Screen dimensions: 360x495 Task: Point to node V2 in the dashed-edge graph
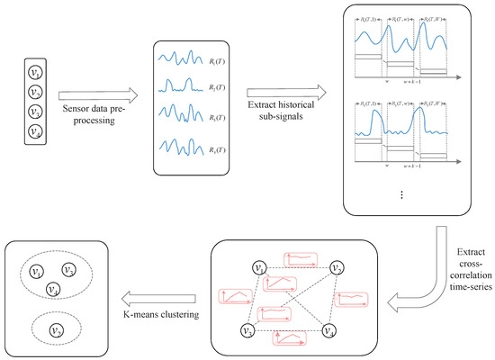[335, 268]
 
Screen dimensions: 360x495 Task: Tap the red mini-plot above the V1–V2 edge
[301, 259]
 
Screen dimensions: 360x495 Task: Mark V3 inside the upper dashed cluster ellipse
[53, 289]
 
